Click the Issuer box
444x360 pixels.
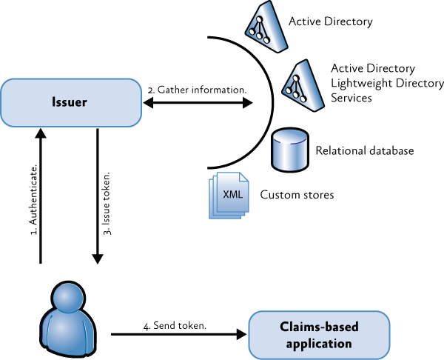[x=71, y=103]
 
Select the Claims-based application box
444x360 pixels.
[x=319, y=335]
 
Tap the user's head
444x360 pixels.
[x=68, y=297]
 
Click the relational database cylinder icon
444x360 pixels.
[x=290, y=150]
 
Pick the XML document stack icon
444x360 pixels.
[x=229, y=196]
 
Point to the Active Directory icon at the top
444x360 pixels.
[x=266, y=27]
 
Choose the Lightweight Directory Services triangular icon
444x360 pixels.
[x=303, y=86]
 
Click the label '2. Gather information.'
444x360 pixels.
[x=197, y=90]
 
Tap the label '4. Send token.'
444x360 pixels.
[x=175, y=326]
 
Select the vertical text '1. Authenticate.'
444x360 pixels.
[x=33, y=199]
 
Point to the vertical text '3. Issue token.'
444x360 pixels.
[x=107, y=203]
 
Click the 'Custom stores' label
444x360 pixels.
[x=297, y=195]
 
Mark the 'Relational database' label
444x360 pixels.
[x=365, y=150]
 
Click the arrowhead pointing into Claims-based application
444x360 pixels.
[x=241, y=335]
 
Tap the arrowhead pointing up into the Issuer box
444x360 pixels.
[x=41, y=133]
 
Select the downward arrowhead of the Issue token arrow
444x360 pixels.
[x=98, y=259]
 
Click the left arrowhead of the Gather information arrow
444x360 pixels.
[x=148, y=103]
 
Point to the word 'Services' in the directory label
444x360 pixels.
[x=351, y=98]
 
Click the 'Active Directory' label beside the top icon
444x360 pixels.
[x=331, y=21]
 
